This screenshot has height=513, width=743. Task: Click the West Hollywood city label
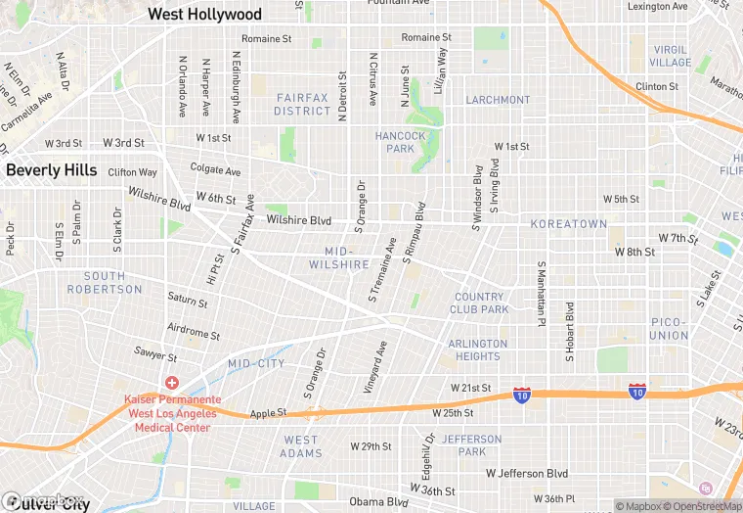tap(204, 15)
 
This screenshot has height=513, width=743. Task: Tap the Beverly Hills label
tap(52, 170)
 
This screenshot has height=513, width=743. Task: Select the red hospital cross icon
tap(172, 383)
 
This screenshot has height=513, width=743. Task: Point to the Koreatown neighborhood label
tap(569, 224)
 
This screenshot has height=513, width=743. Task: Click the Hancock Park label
tap(401, 142)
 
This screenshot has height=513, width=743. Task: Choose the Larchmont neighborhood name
tap(498, 100)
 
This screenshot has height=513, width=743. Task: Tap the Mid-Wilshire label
tap(339, 258)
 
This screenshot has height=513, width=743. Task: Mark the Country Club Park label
tap(479, 303)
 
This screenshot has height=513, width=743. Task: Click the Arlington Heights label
tap(478, 350)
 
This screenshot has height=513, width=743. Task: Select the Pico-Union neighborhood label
tap(669, 329)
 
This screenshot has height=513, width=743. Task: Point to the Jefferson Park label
tap(471, 445)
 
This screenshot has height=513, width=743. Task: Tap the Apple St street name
tap(268, 413)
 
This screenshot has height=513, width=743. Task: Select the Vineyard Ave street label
tap(376, 367)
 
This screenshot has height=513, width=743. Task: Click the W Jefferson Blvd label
tap(527, 474)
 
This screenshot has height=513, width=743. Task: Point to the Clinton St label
tap(657, 86)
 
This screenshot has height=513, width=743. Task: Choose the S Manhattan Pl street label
tap(540, 294)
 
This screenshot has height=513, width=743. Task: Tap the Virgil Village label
tap(671, 56)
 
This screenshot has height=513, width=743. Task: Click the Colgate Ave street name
tap(215, 170)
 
